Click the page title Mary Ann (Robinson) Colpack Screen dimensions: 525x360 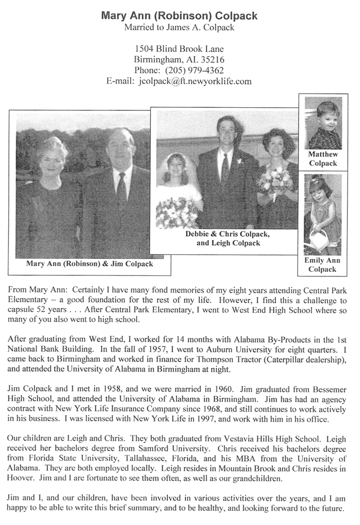[179, 16]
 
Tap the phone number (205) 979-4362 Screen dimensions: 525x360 [194, 70]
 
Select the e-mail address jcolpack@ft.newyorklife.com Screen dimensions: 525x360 [195, 81]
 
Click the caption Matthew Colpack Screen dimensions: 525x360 [323, 159]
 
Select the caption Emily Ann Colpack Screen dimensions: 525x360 [323, 265]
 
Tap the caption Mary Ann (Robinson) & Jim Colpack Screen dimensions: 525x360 [90, 264]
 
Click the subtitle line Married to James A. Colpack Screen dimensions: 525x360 [179, 27]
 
